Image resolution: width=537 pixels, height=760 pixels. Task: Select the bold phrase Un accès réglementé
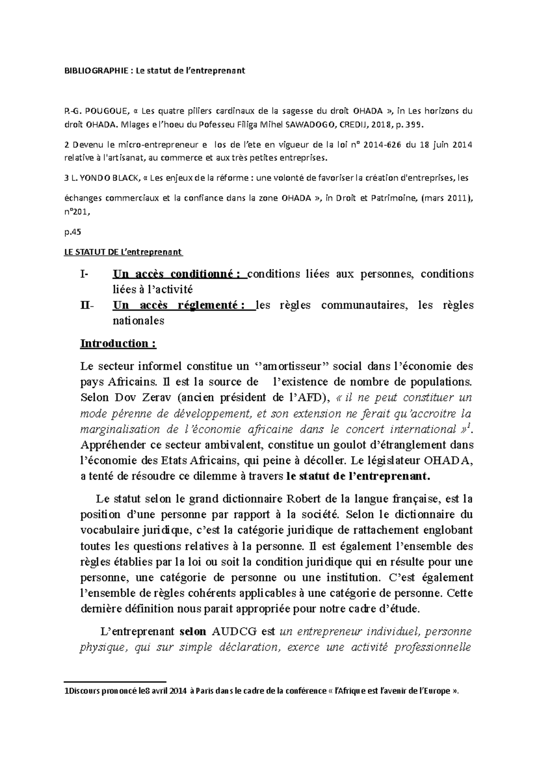[179, 305]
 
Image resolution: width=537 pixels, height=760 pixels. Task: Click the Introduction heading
[118, 343]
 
